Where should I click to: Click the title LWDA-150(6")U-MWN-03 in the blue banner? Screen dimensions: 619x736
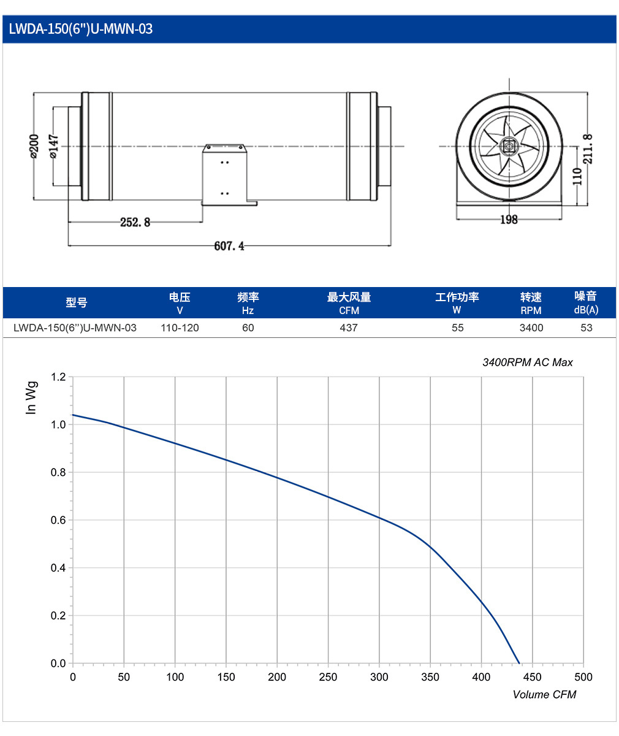81,29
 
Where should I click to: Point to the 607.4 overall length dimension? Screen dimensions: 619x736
229,246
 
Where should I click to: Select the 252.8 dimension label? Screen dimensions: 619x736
135,222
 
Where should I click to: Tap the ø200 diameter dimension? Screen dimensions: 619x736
34,147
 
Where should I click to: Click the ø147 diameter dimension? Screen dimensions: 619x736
53,147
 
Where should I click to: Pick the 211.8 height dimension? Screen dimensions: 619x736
588,149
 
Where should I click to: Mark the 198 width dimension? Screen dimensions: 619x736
509,220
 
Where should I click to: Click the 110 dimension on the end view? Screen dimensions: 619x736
577,177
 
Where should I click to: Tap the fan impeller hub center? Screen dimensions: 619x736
509,146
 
